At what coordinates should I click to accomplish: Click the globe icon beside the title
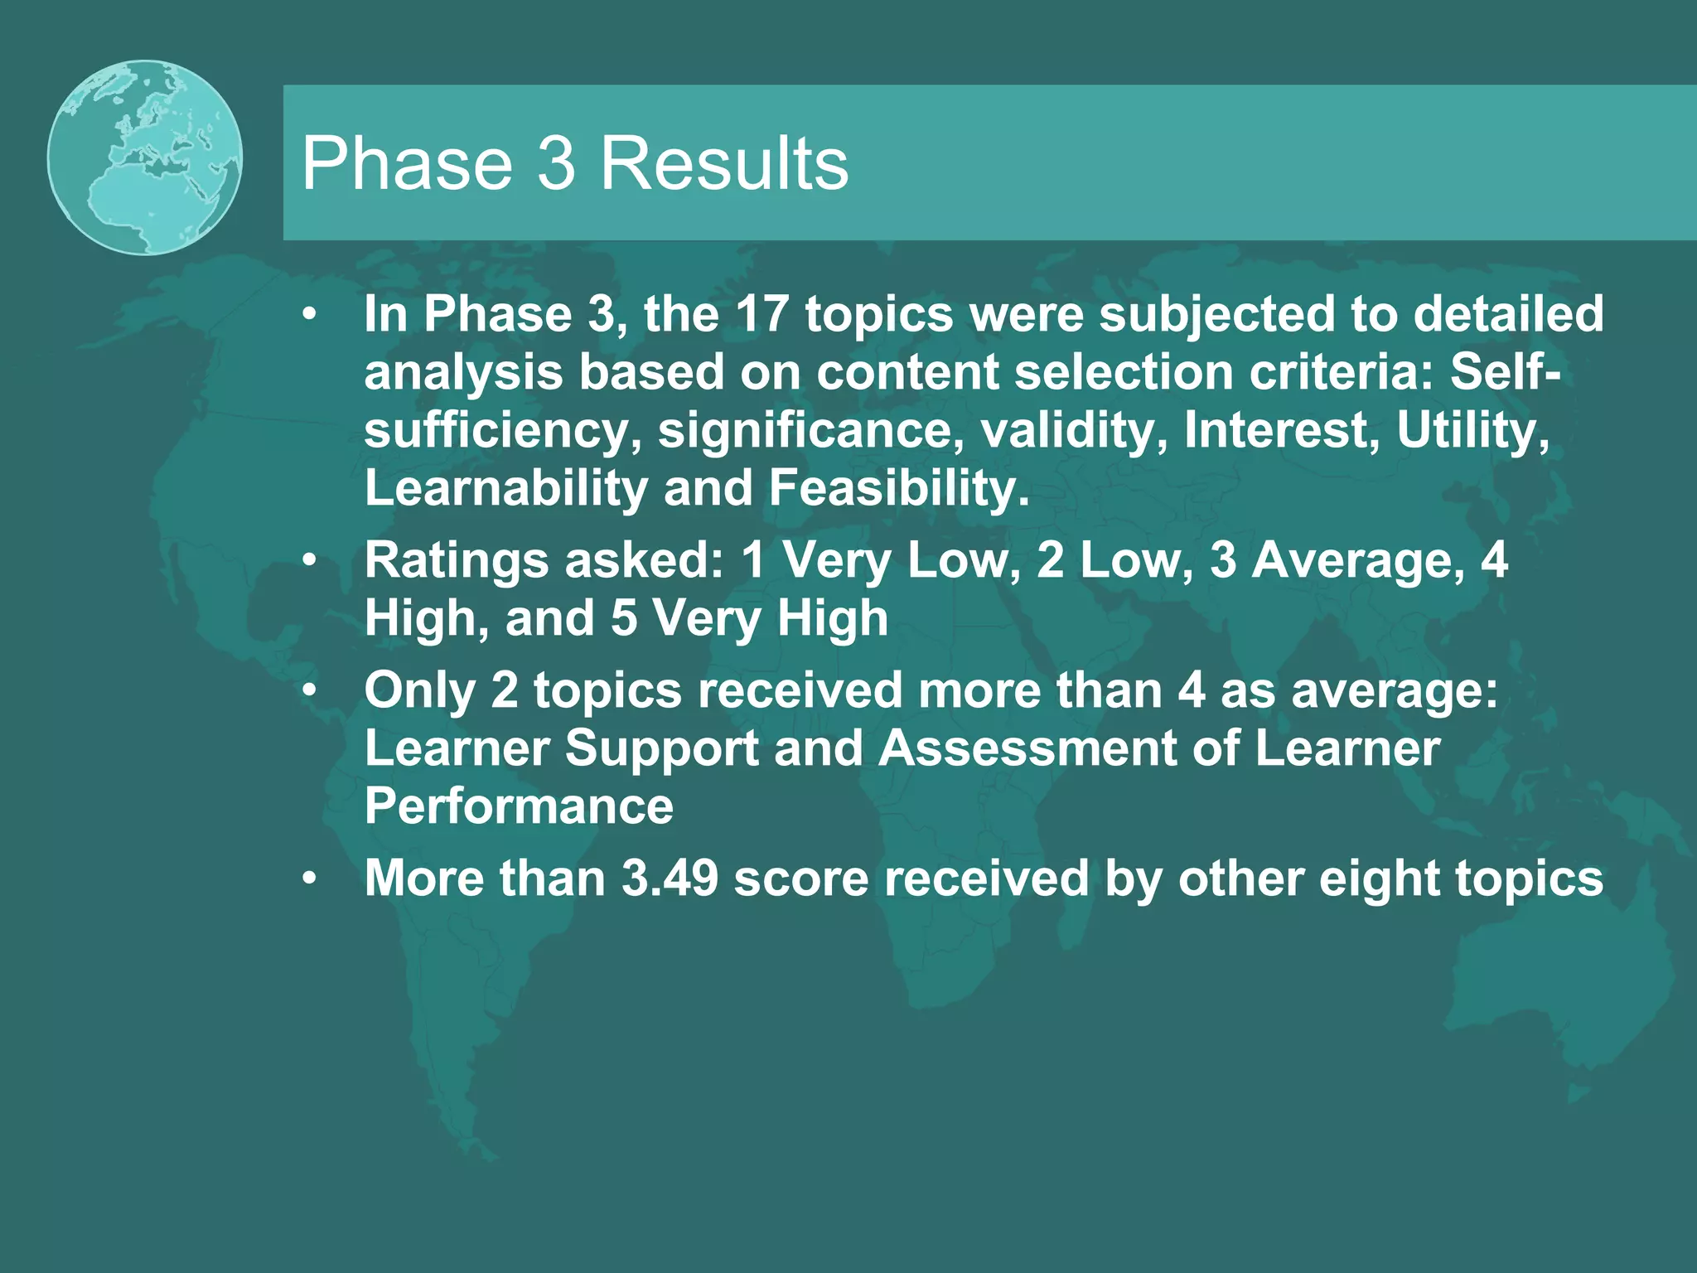(x=145, y=157)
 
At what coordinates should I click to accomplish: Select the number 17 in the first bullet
(x=761, y=315)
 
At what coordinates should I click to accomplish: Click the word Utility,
(x=1472, y=430)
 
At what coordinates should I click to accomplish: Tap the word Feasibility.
(x=899, y=488)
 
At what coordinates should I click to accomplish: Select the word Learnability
(x=505, y=488)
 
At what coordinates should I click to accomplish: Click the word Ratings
(x=456, y=561)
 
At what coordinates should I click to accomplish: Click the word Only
(x=419, y=690)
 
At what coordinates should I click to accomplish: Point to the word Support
(x=661, y=748)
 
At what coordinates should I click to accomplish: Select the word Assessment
(x=1027, y=748)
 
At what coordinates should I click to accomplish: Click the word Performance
(x=519, y=806)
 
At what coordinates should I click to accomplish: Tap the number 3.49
(x=670, y=879)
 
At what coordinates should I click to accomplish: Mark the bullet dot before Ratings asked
(x=309, y=561)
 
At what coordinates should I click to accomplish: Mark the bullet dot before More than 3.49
(x=309, y=879)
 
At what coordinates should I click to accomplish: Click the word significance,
(x=811, y=430)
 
